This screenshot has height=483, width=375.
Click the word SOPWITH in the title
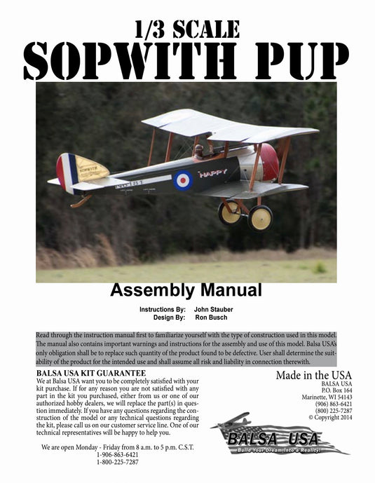pos(125,62)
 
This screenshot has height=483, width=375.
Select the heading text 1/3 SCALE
pos(187,29)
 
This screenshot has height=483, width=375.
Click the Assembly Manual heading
pos(186,290)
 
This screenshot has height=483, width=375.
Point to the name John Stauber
pos(215,309)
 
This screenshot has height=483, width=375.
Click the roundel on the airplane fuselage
pos(183,180)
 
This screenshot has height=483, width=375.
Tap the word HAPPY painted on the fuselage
pos(212,173)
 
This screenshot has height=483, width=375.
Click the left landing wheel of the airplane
pos(229,212)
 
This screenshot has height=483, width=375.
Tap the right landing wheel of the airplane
pos(260,217)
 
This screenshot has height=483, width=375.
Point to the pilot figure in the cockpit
pos(198,149)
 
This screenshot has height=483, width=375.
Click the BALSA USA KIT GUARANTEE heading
pos(90,374)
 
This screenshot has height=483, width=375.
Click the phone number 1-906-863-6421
pos(117,454)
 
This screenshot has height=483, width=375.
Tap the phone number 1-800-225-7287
pos(117,462)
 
